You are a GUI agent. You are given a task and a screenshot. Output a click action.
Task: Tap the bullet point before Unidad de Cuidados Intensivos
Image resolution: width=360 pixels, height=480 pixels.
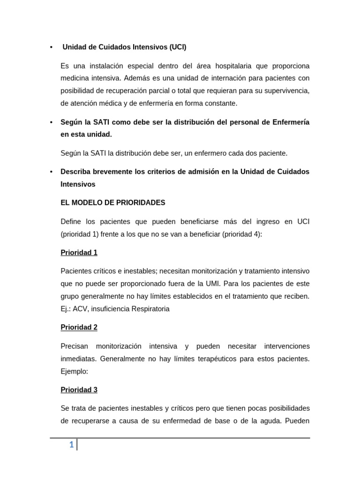[51, 47]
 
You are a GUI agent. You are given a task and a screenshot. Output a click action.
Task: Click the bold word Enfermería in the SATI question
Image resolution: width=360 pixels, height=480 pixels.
[290, 122]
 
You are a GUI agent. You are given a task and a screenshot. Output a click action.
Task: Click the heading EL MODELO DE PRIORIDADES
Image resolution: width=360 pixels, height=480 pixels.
[112, 202]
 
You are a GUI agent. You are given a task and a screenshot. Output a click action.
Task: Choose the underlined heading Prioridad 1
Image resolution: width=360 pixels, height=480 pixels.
[79, 253]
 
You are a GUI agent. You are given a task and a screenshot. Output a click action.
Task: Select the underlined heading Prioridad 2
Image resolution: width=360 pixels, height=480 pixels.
[79, 327]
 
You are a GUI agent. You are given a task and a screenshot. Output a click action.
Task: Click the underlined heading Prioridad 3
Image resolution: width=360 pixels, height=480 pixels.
[79, 390]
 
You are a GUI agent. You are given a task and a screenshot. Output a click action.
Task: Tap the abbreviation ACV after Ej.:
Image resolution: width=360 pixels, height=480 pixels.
[80, 308]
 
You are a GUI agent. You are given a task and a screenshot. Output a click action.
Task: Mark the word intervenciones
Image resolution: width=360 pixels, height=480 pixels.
[280, 346]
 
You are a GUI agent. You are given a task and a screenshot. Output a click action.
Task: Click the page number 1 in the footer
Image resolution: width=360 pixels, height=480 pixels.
[71, 445]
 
